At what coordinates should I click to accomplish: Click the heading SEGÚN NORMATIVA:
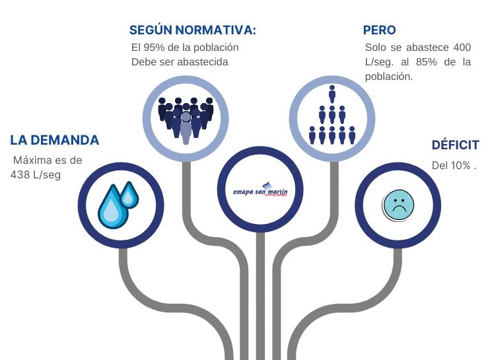pyautogui.click(x=193, y=30)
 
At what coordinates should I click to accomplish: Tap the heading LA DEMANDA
pyautogui.click(x=55, y=140)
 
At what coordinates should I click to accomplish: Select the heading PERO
pyautogui.click(x=380, y=30)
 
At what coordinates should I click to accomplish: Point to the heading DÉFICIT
pyautogui.click(x=455, y=145)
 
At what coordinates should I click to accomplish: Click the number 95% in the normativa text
pyautogui.click(x=153, y=48)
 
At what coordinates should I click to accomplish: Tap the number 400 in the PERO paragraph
pyautogui.click(x=462, y=48)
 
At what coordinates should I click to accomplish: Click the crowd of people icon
pyautogui.click(x=186, y=118)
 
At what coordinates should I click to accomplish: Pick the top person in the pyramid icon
pyautogui.click(x=332, y=92)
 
